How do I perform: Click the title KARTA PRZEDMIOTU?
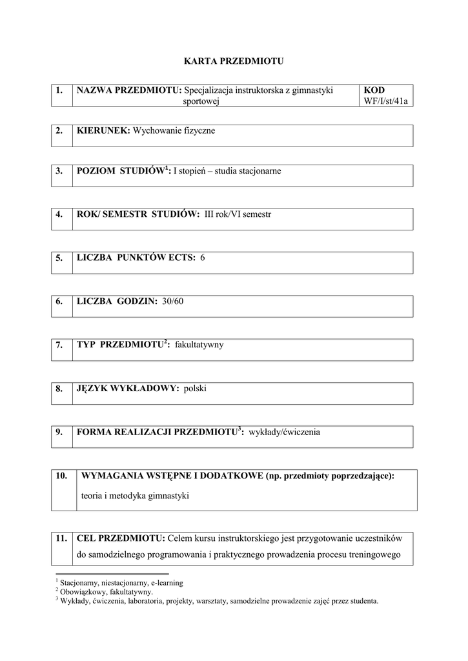click(x=234, y=61)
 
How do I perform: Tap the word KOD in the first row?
click(x=374, y=90)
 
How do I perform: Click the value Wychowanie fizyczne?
click(x=174, y=131)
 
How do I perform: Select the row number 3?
click(x=59, y=171)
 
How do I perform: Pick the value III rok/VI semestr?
click(x=238, y=214)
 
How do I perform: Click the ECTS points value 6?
click(x=203, y=258)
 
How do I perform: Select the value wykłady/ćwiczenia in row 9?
click(x=284, y=432)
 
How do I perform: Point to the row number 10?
click(x=61, y=476)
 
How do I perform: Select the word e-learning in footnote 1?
click(x=167, y=582)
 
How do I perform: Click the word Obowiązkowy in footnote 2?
click(x=80, y=591)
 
